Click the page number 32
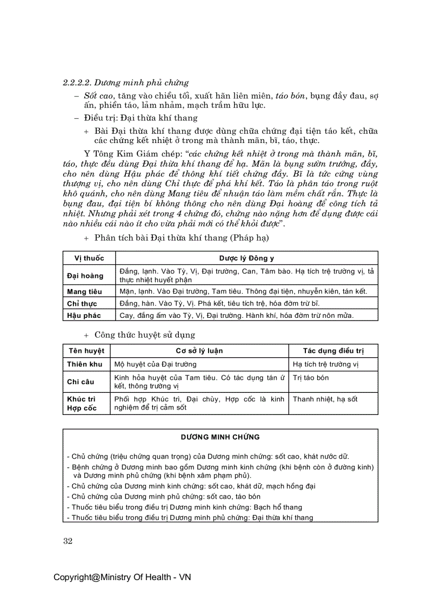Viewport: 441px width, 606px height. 68,541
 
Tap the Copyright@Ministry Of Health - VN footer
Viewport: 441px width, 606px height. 122,577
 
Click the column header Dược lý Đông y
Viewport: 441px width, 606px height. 246,258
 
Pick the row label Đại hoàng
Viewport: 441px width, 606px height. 85,276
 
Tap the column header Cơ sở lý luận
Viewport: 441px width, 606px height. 198,351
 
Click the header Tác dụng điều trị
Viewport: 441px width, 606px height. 333,351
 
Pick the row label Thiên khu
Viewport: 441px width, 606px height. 85,364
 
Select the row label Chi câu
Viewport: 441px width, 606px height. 81,382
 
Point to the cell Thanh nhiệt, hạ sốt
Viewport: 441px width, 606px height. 325,399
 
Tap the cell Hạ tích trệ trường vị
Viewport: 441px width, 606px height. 325,364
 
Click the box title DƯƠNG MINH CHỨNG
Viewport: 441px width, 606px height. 220,437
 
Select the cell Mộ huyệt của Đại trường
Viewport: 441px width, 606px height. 148,364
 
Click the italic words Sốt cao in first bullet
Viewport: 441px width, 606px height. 98,96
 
